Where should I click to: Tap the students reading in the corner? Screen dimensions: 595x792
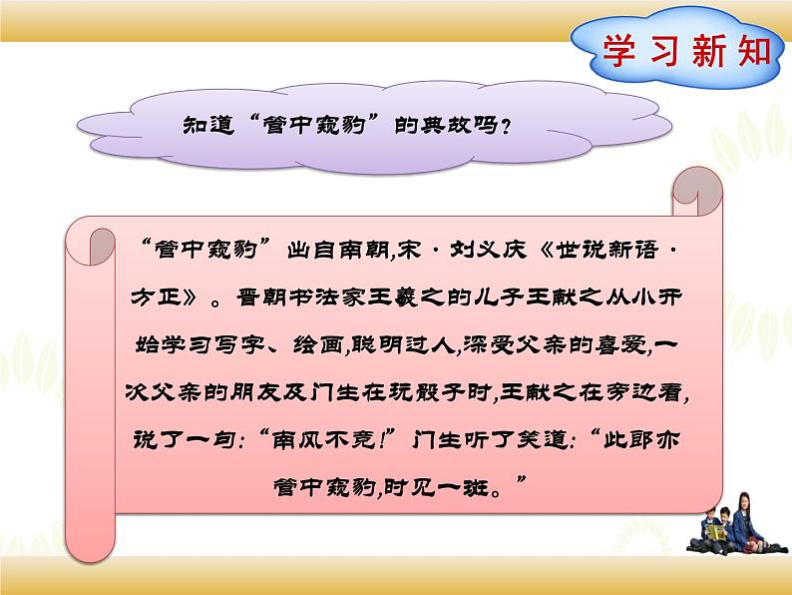click(x=733, y=523)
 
